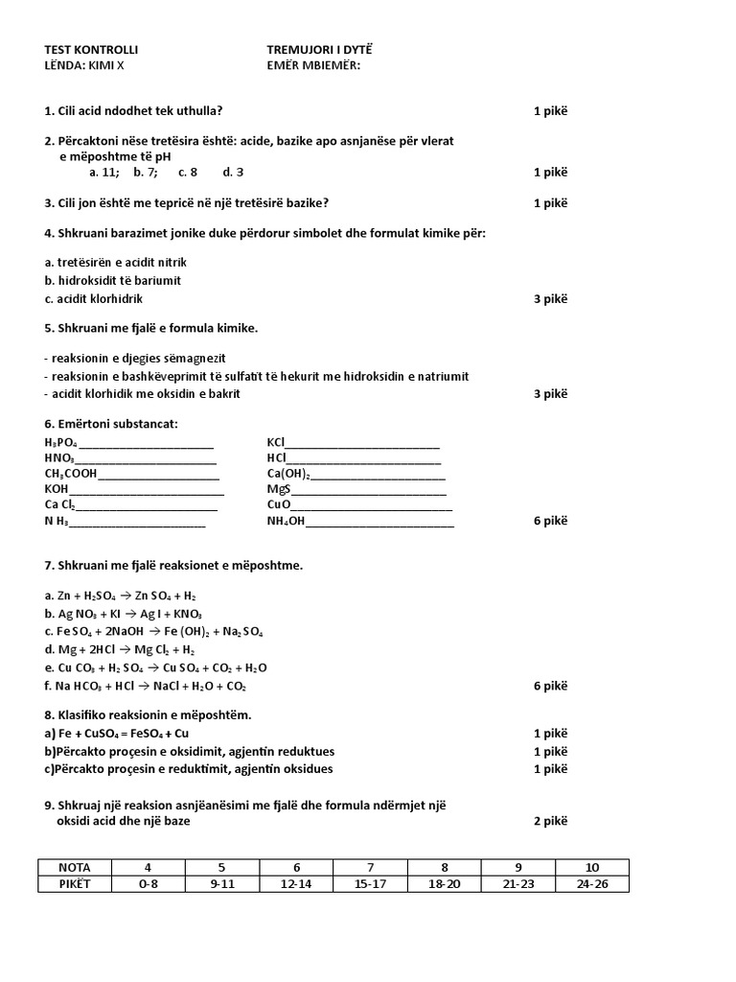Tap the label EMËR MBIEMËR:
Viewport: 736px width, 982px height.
(313, 65)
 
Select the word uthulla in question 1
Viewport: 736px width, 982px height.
(200, 110)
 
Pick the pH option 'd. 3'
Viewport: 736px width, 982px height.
(233, 172)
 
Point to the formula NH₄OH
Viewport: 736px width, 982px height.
(286, 522)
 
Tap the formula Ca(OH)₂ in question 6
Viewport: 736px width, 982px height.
(288, 474)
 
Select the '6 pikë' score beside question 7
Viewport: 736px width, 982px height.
(550, 686)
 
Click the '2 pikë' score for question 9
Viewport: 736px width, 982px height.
(550, 821)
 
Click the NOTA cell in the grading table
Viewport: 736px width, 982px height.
(74, 867)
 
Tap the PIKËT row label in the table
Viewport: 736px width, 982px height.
(74, 883)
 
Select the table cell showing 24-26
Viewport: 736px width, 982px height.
(592, 883)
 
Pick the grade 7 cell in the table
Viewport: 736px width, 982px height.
(371, 867)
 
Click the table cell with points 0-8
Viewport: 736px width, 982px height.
(148, 883)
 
